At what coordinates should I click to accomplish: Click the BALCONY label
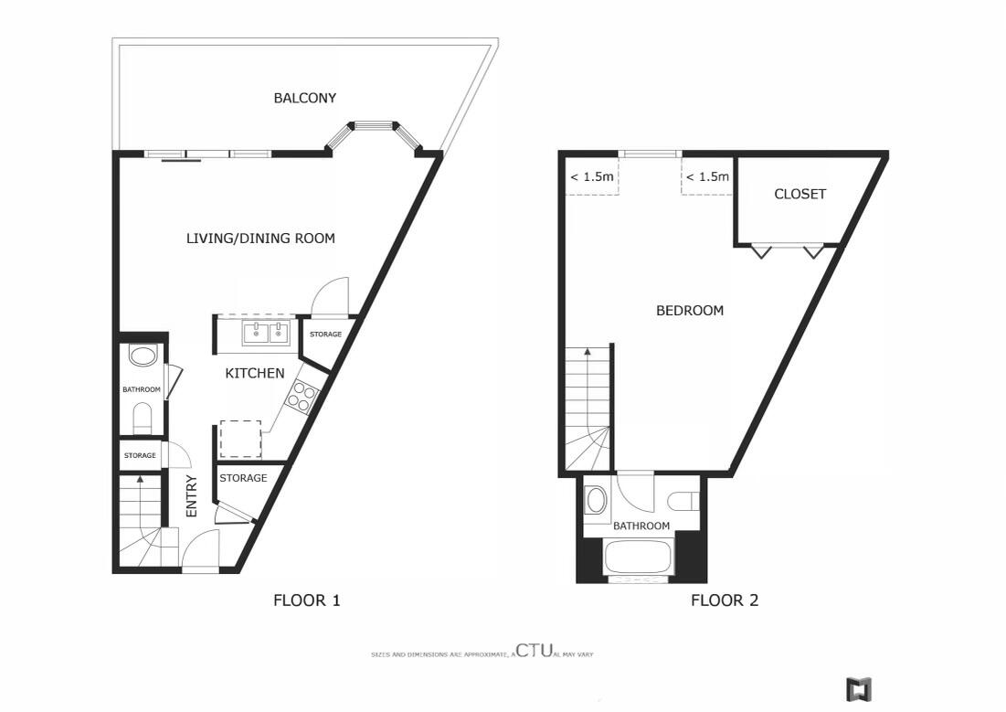[x=305, y=98]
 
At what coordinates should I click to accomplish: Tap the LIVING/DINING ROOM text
[x=260, y=239]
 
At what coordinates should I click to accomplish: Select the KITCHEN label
[x=255, y=373]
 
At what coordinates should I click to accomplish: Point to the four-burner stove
[x=302, y=396]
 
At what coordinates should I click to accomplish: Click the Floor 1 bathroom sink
[x=143, y=355]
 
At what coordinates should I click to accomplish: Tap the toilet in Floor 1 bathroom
[x=143, y=420]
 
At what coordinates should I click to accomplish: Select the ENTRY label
[x=192, y=496]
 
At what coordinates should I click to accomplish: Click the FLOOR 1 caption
[x=307, y=600]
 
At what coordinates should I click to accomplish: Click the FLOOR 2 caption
[x=725, y=600]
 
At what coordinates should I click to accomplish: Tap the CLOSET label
[x=800, y=194]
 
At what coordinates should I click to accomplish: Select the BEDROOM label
[x=690, y=311]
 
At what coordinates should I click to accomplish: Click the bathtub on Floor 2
[x=640, y=558]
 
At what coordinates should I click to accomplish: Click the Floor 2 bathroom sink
[x=596, y=500]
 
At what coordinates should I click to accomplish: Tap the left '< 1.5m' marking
[x=591, y=176]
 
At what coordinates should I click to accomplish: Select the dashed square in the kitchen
[x=240, y=439]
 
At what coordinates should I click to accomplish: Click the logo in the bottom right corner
[x=859, y=688]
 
